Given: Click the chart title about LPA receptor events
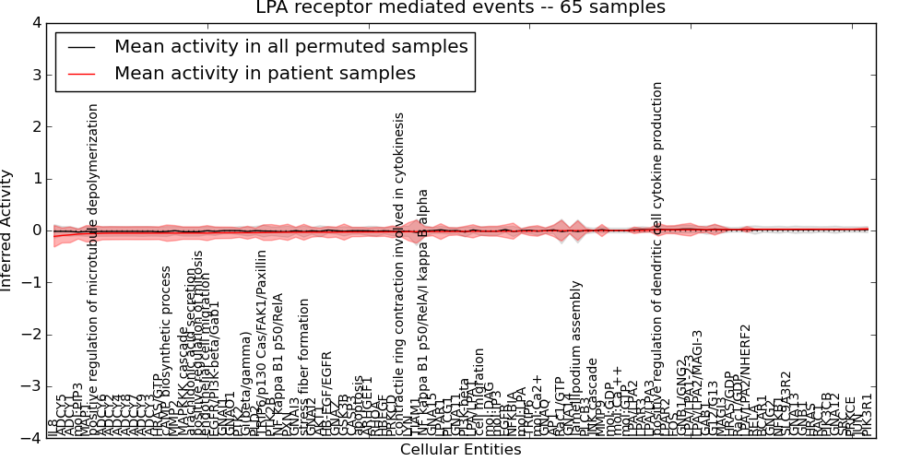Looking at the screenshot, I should click(x=460, y=8).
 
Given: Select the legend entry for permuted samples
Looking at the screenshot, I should click(x=290, y=46).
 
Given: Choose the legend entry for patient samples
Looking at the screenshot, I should click(x=265, y=74).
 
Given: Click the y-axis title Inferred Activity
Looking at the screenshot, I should click(x=7, y=230).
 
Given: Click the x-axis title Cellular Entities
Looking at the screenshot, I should click(x=460, y=450).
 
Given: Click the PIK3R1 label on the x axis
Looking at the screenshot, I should click(x=866, y=415).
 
